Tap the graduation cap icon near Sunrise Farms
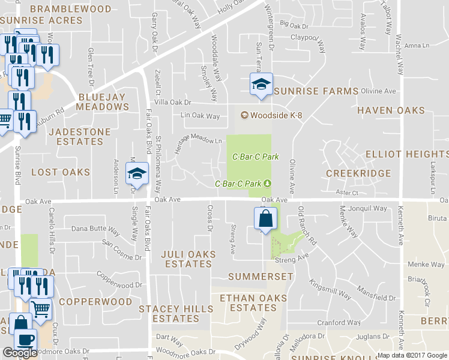(x=261, y=84)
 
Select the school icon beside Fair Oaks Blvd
(x=137, y=174)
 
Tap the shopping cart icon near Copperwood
(x=40, y=309)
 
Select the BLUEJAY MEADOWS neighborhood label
(x=103, y=101)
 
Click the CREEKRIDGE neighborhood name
(x=358, y=173)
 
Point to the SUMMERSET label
(x=261, y=277)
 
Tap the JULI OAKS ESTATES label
(x=188, y=259)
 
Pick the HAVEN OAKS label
(x=391, y=110)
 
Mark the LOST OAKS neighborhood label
(x=61, y=172)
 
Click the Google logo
(x=19, y=353)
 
